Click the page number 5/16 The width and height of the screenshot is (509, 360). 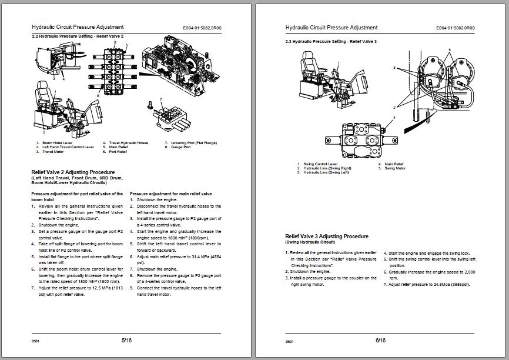pos(126,341)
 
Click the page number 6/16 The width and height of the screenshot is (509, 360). pos(380,341)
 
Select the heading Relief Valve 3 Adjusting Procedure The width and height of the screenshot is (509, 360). pos(326,236)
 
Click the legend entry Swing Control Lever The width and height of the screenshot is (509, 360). pos(320,164)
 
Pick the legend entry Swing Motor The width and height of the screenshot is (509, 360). pos(395,168)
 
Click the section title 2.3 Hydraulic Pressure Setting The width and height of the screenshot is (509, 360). pos(331,42)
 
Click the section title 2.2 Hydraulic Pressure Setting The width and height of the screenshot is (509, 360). pos(77,36)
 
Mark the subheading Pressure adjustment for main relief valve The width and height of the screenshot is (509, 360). pos(170,194)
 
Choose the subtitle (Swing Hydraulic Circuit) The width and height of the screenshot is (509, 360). pos(310,242)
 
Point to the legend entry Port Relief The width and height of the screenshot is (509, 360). pos(118,152)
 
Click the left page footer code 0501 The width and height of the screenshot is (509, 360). pos(35,341)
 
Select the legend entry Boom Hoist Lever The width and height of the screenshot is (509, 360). pos(56,142)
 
